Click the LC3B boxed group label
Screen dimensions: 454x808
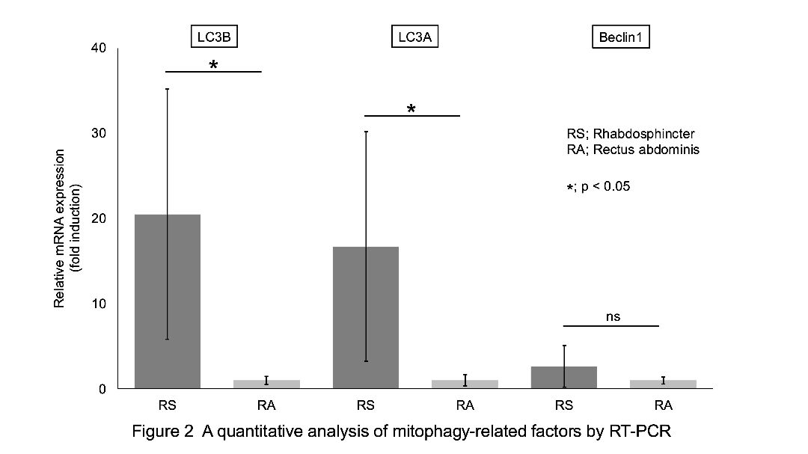pos(213,37)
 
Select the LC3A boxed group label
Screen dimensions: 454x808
pos(413,37)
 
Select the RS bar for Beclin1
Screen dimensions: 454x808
pos(564,378)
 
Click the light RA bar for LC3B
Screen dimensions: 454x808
pos(266,384)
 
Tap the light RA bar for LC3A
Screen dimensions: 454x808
pos(465,384)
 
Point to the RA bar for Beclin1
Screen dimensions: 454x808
pos(663,384)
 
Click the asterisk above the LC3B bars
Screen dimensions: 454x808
pos(213,66)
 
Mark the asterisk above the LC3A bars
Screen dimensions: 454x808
pos(411,110)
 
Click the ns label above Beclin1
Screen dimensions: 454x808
pos(613,317)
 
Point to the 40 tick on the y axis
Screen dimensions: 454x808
pos(99,48)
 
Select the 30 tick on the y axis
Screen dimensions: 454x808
pos(99,133)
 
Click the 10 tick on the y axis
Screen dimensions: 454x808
pos(99,304)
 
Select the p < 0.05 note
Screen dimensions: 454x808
pos(605,186)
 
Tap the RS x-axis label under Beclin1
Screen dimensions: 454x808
pos(564,406)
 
